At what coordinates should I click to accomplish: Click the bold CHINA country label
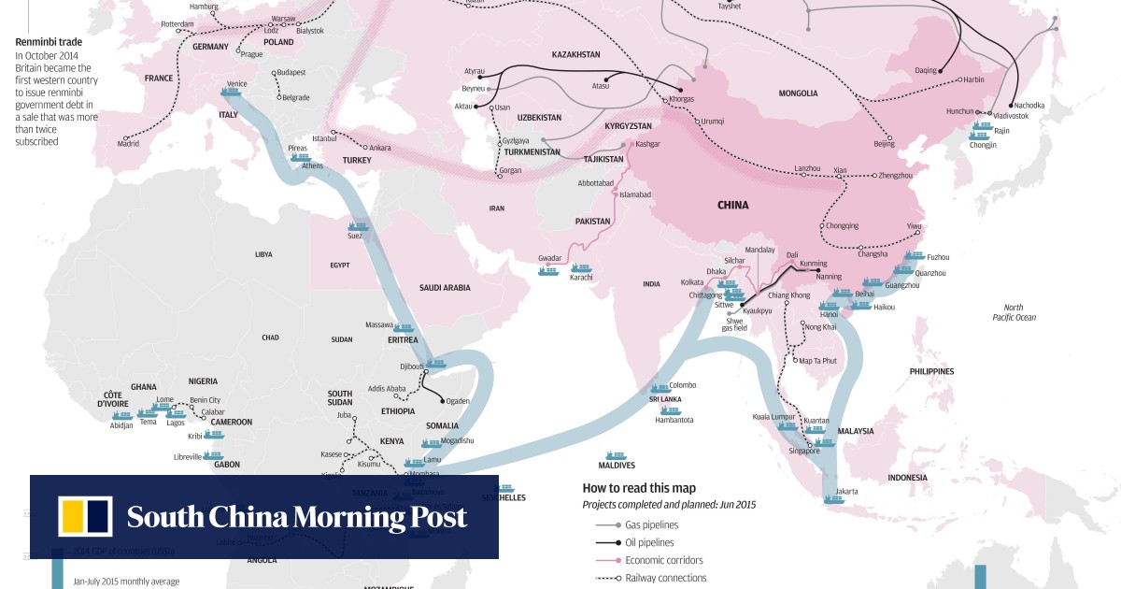coord(732,206)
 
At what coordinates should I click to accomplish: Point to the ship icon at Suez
coord(359,226)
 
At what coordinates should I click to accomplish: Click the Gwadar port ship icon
coord(548,271)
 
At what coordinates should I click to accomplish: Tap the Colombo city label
coord(682,385)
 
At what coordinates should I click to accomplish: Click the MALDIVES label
coord(617,465)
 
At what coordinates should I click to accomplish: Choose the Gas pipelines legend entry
coord(652,525)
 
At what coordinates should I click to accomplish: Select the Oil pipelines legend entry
coord(650,543)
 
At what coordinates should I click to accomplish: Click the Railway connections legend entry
coord(666,579)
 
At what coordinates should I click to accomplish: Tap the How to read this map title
coord(639,488)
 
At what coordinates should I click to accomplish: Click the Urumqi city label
coord(713,122)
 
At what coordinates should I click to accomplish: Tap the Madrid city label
coord(129,144)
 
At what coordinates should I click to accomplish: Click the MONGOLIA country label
coord(798,93)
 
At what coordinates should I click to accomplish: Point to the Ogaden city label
coord(458,401)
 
